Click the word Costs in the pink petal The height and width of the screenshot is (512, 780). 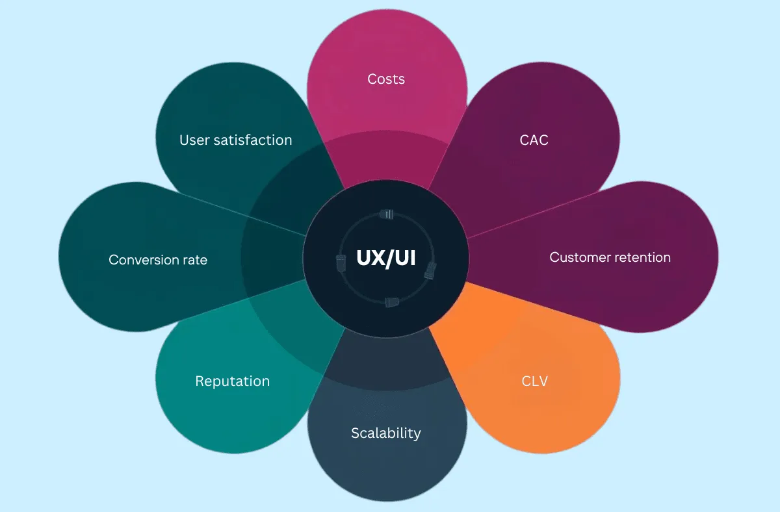click(x=386, y=79)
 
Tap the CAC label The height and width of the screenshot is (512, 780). click(x=534, y=140)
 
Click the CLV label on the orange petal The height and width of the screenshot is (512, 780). click(x=534, y=381)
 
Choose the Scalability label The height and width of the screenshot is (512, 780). click(x=386, y=433)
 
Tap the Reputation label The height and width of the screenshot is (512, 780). click(x=232, y=381)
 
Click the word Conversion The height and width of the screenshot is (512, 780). click(x=140, y=260)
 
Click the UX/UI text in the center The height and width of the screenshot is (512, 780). click(x=387, y=257)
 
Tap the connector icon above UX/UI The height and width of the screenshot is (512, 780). click(x=387, y=214)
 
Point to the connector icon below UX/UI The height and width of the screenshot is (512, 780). click(x=391, y=301)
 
